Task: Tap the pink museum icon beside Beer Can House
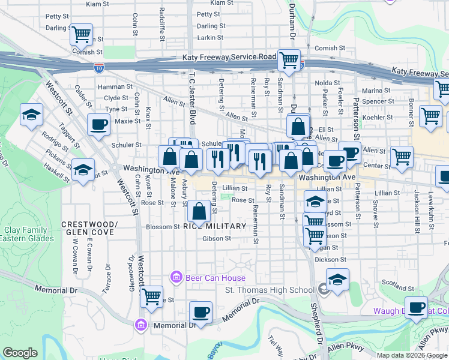pyautogui.click(x=176, y=277)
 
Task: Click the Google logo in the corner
pyautogui.click(x=20, y=353)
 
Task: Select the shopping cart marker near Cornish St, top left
pyautogui.click(x=81, y=34)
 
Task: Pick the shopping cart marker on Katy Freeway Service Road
pyautogui.click(x=289, y=60)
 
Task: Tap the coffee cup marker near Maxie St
pyautogui.click(x=98, y=124)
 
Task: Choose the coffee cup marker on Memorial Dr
pyautogui.click(x=200, y=311)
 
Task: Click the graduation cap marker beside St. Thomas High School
pyautogui.click(x=337, y=279)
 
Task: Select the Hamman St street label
pyautogui.click(x=118, y=87)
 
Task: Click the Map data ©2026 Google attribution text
pyautogui.click(x=412, y=355)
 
